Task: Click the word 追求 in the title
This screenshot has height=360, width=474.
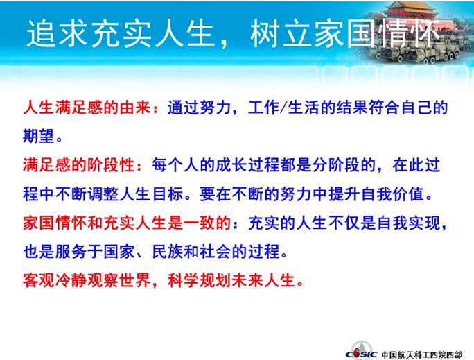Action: pyautogui.click(x=58, y=33)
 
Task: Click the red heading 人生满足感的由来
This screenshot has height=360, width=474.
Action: pyautogui.click(x=87, y=108)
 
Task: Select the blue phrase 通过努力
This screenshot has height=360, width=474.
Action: pyautogui.click(x=199, y=108)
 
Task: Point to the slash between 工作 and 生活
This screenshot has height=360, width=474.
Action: pyautogui.click(x=283, y=108)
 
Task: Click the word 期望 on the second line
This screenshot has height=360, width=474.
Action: pyautogui.click(x=38, y=135)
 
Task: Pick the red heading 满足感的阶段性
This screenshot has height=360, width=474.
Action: pyautogui.click(x=78, y=165)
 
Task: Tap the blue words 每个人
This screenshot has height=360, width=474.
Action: pyautogui.click(x=175, y=165)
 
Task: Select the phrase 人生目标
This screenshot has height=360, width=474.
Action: pyautogui.click(x=152, y=194)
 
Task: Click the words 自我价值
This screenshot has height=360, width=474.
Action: pyautogui.click(x=392, y=194)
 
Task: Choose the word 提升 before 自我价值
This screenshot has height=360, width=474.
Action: pyautogui.click(x=344, y=194)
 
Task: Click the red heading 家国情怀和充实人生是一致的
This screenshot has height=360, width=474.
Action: pyautogui.click(x=127, y=223)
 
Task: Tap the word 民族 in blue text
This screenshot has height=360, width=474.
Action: pyautogui.click(x=168, y=251)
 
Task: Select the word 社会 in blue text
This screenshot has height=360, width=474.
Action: pyautogui.click(x=216, y=251)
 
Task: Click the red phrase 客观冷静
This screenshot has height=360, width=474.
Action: pyautogui.click(x=55, y=280)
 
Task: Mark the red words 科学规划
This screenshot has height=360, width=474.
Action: pyautogui.click(x=200, y=280)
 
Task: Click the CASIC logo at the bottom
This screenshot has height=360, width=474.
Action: pyautogui.click(x=361, y=351)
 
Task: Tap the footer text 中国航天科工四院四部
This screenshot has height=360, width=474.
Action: pyautogui.click(x=422, y=354)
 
